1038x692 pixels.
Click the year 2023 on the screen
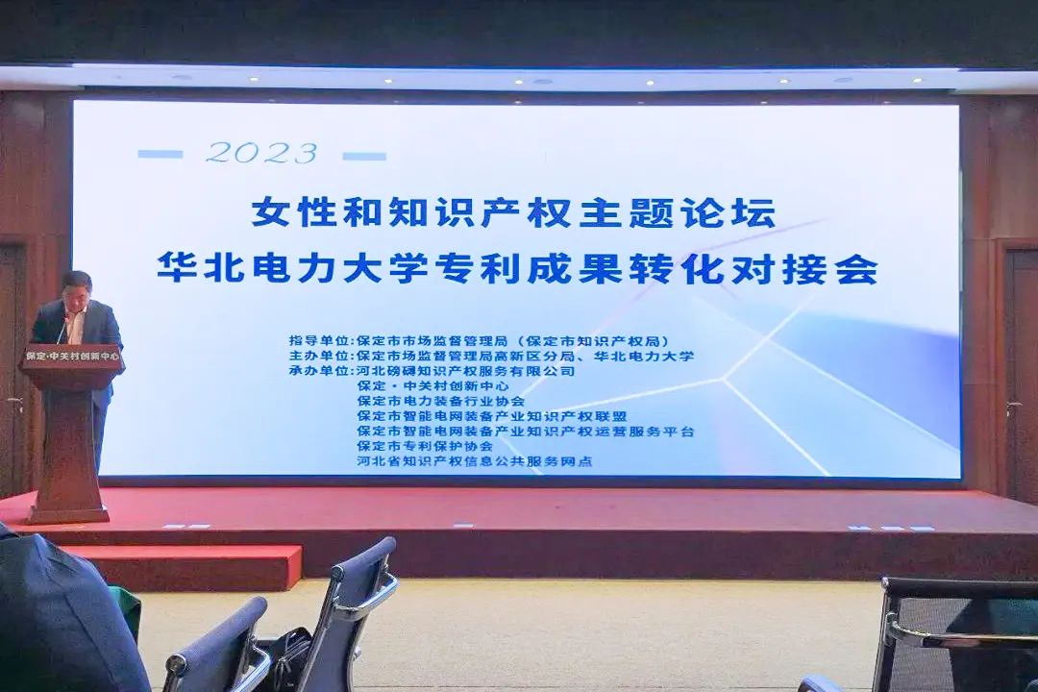click(261, 153)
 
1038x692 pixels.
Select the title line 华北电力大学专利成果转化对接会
click(517, 268)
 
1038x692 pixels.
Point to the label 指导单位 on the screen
click(321, 340)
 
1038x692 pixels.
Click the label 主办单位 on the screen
click(321, 356)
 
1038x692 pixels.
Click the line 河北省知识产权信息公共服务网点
click(474, 461)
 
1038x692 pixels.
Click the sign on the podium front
click(73, 356)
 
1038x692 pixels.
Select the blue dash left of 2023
click(160, 154)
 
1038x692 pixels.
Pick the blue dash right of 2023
click(364, 155)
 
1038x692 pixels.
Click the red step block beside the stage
click(183, 566)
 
